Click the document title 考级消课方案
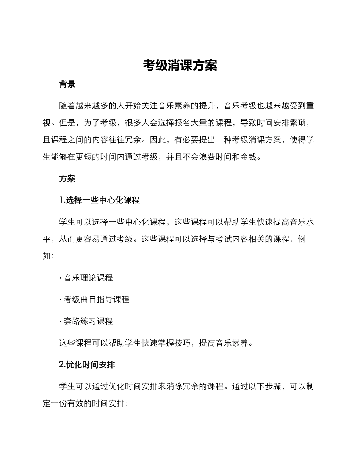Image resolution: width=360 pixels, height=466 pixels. pos(180,66)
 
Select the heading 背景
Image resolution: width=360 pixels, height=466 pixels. pos(67,84)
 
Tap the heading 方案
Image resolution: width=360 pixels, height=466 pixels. pos(67,178)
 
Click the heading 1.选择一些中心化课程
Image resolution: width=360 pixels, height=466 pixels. pos(100,200)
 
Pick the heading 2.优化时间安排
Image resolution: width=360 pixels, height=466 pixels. pos(87,365)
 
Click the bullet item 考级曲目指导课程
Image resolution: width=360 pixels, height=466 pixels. pos(96,299)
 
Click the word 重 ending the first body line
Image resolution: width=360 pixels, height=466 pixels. pos(310,106)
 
